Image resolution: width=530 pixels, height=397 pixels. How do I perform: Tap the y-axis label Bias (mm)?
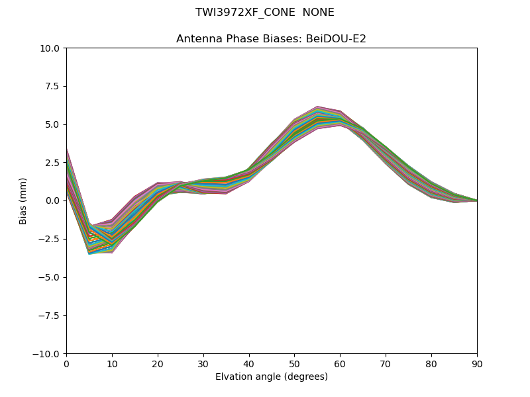point(23,200)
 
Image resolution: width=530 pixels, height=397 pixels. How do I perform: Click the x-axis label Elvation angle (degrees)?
point(272,377)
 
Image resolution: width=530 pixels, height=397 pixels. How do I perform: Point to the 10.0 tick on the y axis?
point(52,48)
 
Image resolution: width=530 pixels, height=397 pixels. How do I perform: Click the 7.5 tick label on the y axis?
point(54,87)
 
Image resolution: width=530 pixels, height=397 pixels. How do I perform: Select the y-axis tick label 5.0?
point(54,124)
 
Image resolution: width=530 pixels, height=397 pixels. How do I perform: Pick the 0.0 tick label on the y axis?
point(54,201)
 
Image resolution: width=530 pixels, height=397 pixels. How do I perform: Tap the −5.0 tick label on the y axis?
point(50,277)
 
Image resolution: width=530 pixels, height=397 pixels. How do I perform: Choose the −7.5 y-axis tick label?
point(50,316)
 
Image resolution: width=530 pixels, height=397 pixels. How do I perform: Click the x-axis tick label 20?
point(158,363)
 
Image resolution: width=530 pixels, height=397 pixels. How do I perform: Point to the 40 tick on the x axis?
point(249,363)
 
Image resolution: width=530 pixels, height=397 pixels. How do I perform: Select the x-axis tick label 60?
point(340,363)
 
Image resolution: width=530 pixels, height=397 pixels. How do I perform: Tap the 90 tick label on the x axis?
point(477,363)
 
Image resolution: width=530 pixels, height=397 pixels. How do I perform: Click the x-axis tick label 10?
point(112,363)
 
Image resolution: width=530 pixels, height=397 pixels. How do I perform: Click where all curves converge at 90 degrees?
point(476,200)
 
